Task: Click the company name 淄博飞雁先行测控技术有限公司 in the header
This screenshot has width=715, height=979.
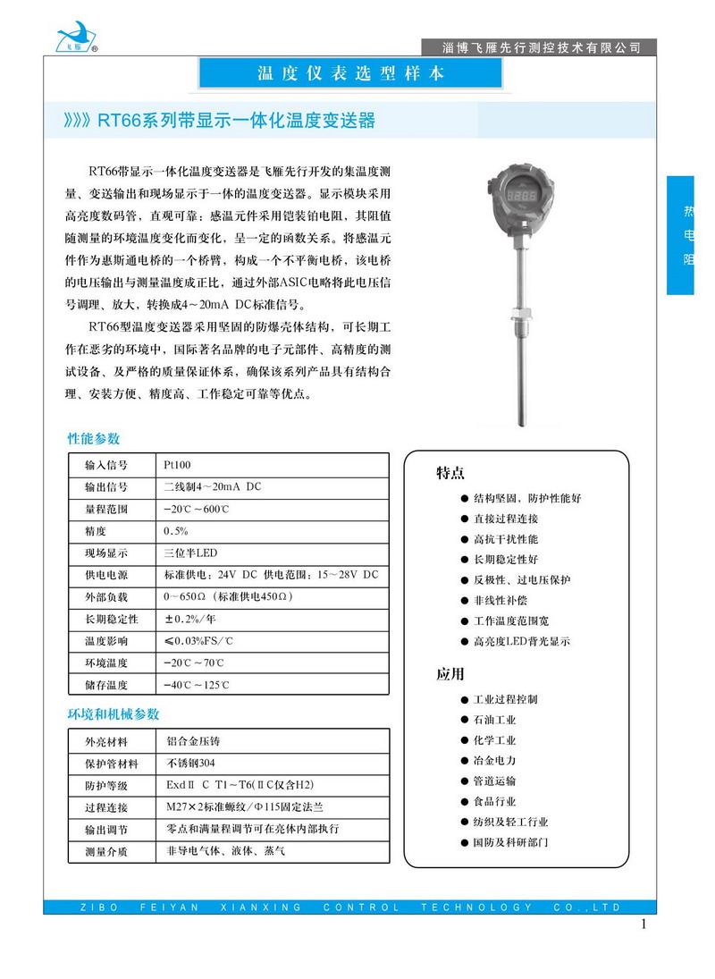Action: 542,46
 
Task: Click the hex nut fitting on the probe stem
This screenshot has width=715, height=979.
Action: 519,315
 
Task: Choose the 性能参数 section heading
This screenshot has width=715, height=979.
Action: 94,439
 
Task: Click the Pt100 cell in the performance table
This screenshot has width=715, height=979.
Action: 177,465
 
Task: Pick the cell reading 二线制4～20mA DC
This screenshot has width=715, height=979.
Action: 212,487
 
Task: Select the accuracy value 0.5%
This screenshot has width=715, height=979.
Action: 176,531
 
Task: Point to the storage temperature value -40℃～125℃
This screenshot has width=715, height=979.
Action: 197,686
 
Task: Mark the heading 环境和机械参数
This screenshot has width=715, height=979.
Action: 114,714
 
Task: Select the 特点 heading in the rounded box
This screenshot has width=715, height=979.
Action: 450,473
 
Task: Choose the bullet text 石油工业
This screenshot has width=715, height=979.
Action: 494,720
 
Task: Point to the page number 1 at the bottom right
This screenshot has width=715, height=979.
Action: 643,924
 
